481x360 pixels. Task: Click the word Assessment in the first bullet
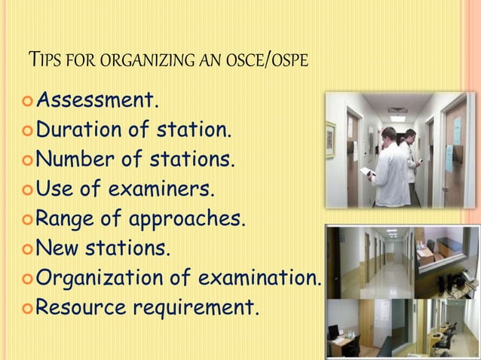pos(97,100)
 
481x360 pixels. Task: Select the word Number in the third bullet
pos(73,160)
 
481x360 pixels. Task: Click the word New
pos(56,249)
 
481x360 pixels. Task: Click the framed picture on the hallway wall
pos(331,140)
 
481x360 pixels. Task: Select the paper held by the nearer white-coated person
pos(367,172)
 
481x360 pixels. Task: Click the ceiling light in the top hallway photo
pos(398,118)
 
